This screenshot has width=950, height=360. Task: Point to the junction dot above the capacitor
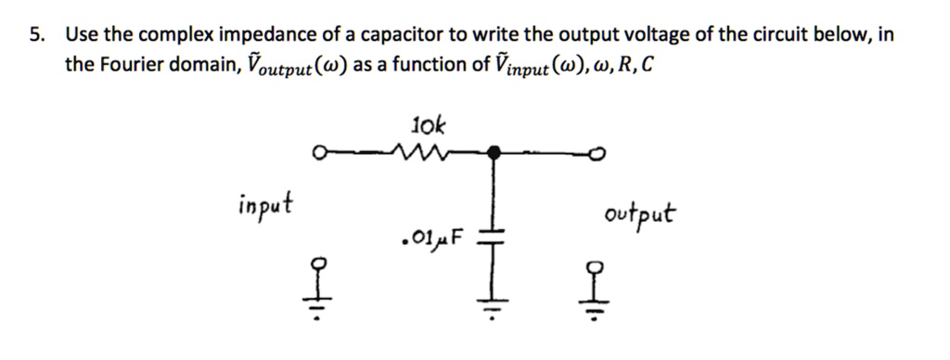click(x=495, y=150)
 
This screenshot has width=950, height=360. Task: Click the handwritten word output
click(x=639, y=215)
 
